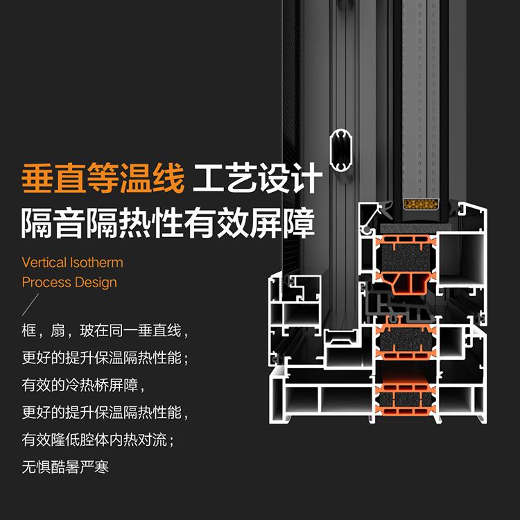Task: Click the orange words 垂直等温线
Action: pyautogui.click(x=103, y=179)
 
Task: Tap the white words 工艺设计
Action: pyautogui.click(x=257, y=179)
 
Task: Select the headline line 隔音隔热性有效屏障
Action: pyautogui.click(x=168, y=223)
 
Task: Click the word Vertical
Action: pyautogui.click(x=44, y=263)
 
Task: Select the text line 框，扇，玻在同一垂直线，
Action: pyautogui.click(x=105, y=331)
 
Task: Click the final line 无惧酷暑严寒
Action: pyautogui.click(x=65, y=467)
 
